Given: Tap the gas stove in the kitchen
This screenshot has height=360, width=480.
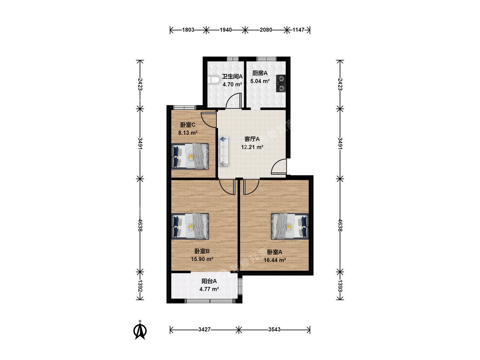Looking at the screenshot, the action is pos(281,84).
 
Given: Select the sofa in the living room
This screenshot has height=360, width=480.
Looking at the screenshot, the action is pos(224,151).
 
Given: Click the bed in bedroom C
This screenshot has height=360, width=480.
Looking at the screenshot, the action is pos(190,156).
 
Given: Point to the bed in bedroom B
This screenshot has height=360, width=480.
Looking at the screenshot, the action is pos(190,226).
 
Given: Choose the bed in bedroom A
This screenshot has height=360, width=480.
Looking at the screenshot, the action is pos(290,226).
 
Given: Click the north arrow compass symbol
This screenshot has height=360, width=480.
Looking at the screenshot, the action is pos(140,330).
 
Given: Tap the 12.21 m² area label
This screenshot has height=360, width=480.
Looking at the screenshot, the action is pos(252,147).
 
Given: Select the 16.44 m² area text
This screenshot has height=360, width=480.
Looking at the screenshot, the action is pos(275,260).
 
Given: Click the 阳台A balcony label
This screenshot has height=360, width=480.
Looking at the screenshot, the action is pos(209,281).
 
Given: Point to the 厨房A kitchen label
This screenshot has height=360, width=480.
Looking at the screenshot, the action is pos(260,73).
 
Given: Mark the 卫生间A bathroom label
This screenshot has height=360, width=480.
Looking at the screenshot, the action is pos(233,76).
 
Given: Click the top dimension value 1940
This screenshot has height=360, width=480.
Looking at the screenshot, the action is pos(226,30).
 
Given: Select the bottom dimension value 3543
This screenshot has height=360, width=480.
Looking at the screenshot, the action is pos(274,330).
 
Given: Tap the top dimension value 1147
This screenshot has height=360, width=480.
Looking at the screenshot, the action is pos(299,30).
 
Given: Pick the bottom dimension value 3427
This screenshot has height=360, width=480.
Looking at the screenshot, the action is pos(204,330).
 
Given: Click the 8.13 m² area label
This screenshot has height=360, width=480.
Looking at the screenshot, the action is pos(188,133).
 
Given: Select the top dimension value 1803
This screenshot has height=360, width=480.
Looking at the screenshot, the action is pos(188,30).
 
